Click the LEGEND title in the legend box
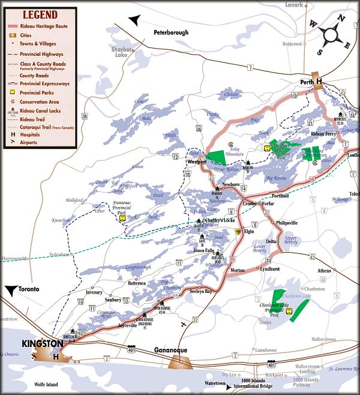coord(40,14)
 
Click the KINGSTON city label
coord(41,343)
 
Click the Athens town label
coord(324,271)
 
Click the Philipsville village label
coord(287,223)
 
